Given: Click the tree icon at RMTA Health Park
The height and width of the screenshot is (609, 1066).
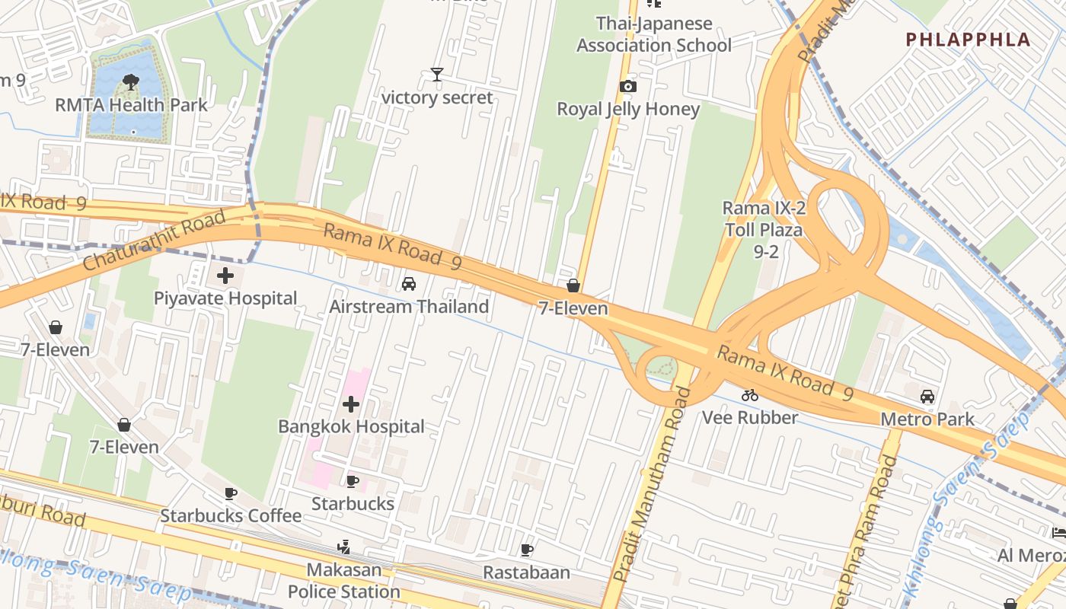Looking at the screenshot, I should [x=130, y=81].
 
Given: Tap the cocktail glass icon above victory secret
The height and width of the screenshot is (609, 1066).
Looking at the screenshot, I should [x=436, y=74].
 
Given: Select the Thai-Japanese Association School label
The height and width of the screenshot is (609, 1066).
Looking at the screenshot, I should [x=653, y=34].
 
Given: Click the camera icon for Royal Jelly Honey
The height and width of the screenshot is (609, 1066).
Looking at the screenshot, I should [x=627, y=86].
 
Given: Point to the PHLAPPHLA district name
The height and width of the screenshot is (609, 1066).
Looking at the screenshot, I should [x=968, y=40].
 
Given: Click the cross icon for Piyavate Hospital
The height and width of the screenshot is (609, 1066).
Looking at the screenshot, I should [x=225, y=276].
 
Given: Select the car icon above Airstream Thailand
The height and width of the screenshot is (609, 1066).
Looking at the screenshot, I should [x=409, y=284].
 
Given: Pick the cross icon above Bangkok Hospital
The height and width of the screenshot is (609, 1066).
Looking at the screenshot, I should [x=351, y=403].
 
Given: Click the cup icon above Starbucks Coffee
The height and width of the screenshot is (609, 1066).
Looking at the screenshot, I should [x=231, y=493].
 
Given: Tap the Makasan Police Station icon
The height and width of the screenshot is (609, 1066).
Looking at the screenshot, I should [x=343, y=547].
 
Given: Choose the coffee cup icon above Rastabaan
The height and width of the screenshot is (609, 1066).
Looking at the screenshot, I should [x=526, y=550].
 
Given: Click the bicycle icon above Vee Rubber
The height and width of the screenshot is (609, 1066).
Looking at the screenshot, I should [x=750, y=395].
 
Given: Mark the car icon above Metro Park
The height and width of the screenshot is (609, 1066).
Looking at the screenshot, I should [x=927, y=397].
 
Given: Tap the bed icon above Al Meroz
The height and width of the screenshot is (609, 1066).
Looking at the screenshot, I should [x=1058, y=532].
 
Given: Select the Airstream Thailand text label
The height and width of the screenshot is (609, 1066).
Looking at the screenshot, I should [x=409, y=307].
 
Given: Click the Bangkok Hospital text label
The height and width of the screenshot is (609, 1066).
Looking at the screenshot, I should [x=351, y=426].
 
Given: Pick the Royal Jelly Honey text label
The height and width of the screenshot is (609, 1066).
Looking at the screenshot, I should [x=627, y=109].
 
